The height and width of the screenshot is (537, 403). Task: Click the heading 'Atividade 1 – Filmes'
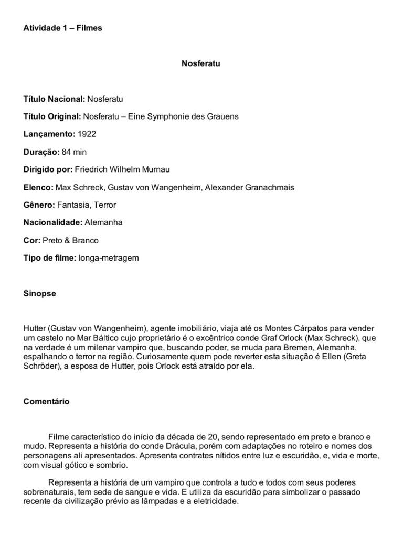[62, 28]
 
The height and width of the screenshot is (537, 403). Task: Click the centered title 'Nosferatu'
[200, 63]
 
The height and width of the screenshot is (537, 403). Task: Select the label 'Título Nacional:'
[54, 99]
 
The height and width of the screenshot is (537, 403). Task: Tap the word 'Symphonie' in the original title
[166, 116]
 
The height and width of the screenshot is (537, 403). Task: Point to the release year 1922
[87, 134]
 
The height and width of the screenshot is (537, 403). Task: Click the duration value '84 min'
[74, 152]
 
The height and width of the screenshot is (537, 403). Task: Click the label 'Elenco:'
[38, 188]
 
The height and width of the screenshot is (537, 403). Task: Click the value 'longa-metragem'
[108, 258]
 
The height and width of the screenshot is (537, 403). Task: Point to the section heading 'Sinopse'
[39, 294]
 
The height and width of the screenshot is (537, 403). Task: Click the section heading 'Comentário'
[46, 402]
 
